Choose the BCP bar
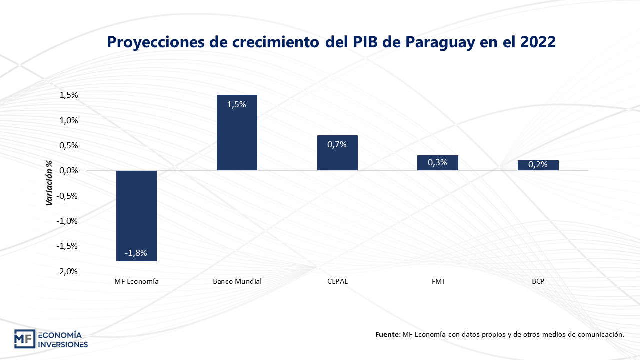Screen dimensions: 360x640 538,166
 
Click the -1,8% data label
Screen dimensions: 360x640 136,253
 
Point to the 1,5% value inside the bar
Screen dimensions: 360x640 236,104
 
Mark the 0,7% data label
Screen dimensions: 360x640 337,144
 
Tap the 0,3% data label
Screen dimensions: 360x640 437,162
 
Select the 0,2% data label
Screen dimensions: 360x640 537,164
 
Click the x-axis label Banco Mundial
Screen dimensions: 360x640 237,281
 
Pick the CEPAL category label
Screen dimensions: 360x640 337,281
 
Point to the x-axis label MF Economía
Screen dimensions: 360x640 136,281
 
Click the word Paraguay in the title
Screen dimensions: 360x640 439,42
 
